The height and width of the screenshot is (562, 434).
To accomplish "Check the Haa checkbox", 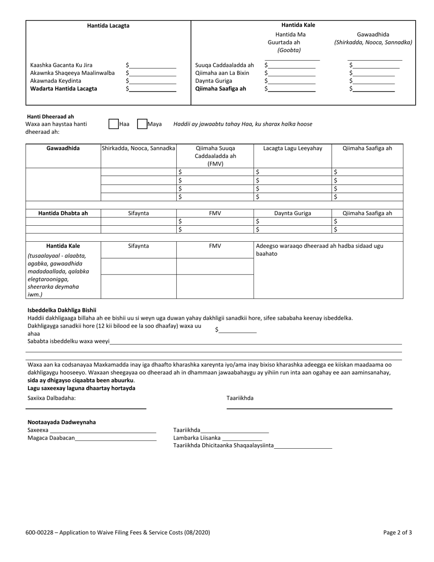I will click(114, 124).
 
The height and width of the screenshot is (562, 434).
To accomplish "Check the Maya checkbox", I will click(142, 124).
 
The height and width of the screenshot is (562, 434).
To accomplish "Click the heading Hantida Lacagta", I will click(108, 26).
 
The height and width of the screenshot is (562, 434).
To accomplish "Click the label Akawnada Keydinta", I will click(56, 81).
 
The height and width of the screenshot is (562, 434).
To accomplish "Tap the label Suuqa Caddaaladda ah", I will click(224, 65).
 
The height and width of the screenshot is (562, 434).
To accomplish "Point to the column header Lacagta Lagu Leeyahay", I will click(292, 148).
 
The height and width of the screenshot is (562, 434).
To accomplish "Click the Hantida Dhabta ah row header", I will click(63, 213).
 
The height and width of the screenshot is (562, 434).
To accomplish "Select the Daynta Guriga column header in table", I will click(292, 213).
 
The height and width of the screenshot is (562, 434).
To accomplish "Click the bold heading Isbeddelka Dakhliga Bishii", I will click(62, 310).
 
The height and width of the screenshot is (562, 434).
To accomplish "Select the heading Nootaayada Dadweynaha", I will click(62, 422).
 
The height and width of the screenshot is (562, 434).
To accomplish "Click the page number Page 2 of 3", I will click(397, 532).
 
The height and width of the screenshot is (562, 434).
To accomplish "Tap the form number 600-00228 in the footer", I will click(40, 532).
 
